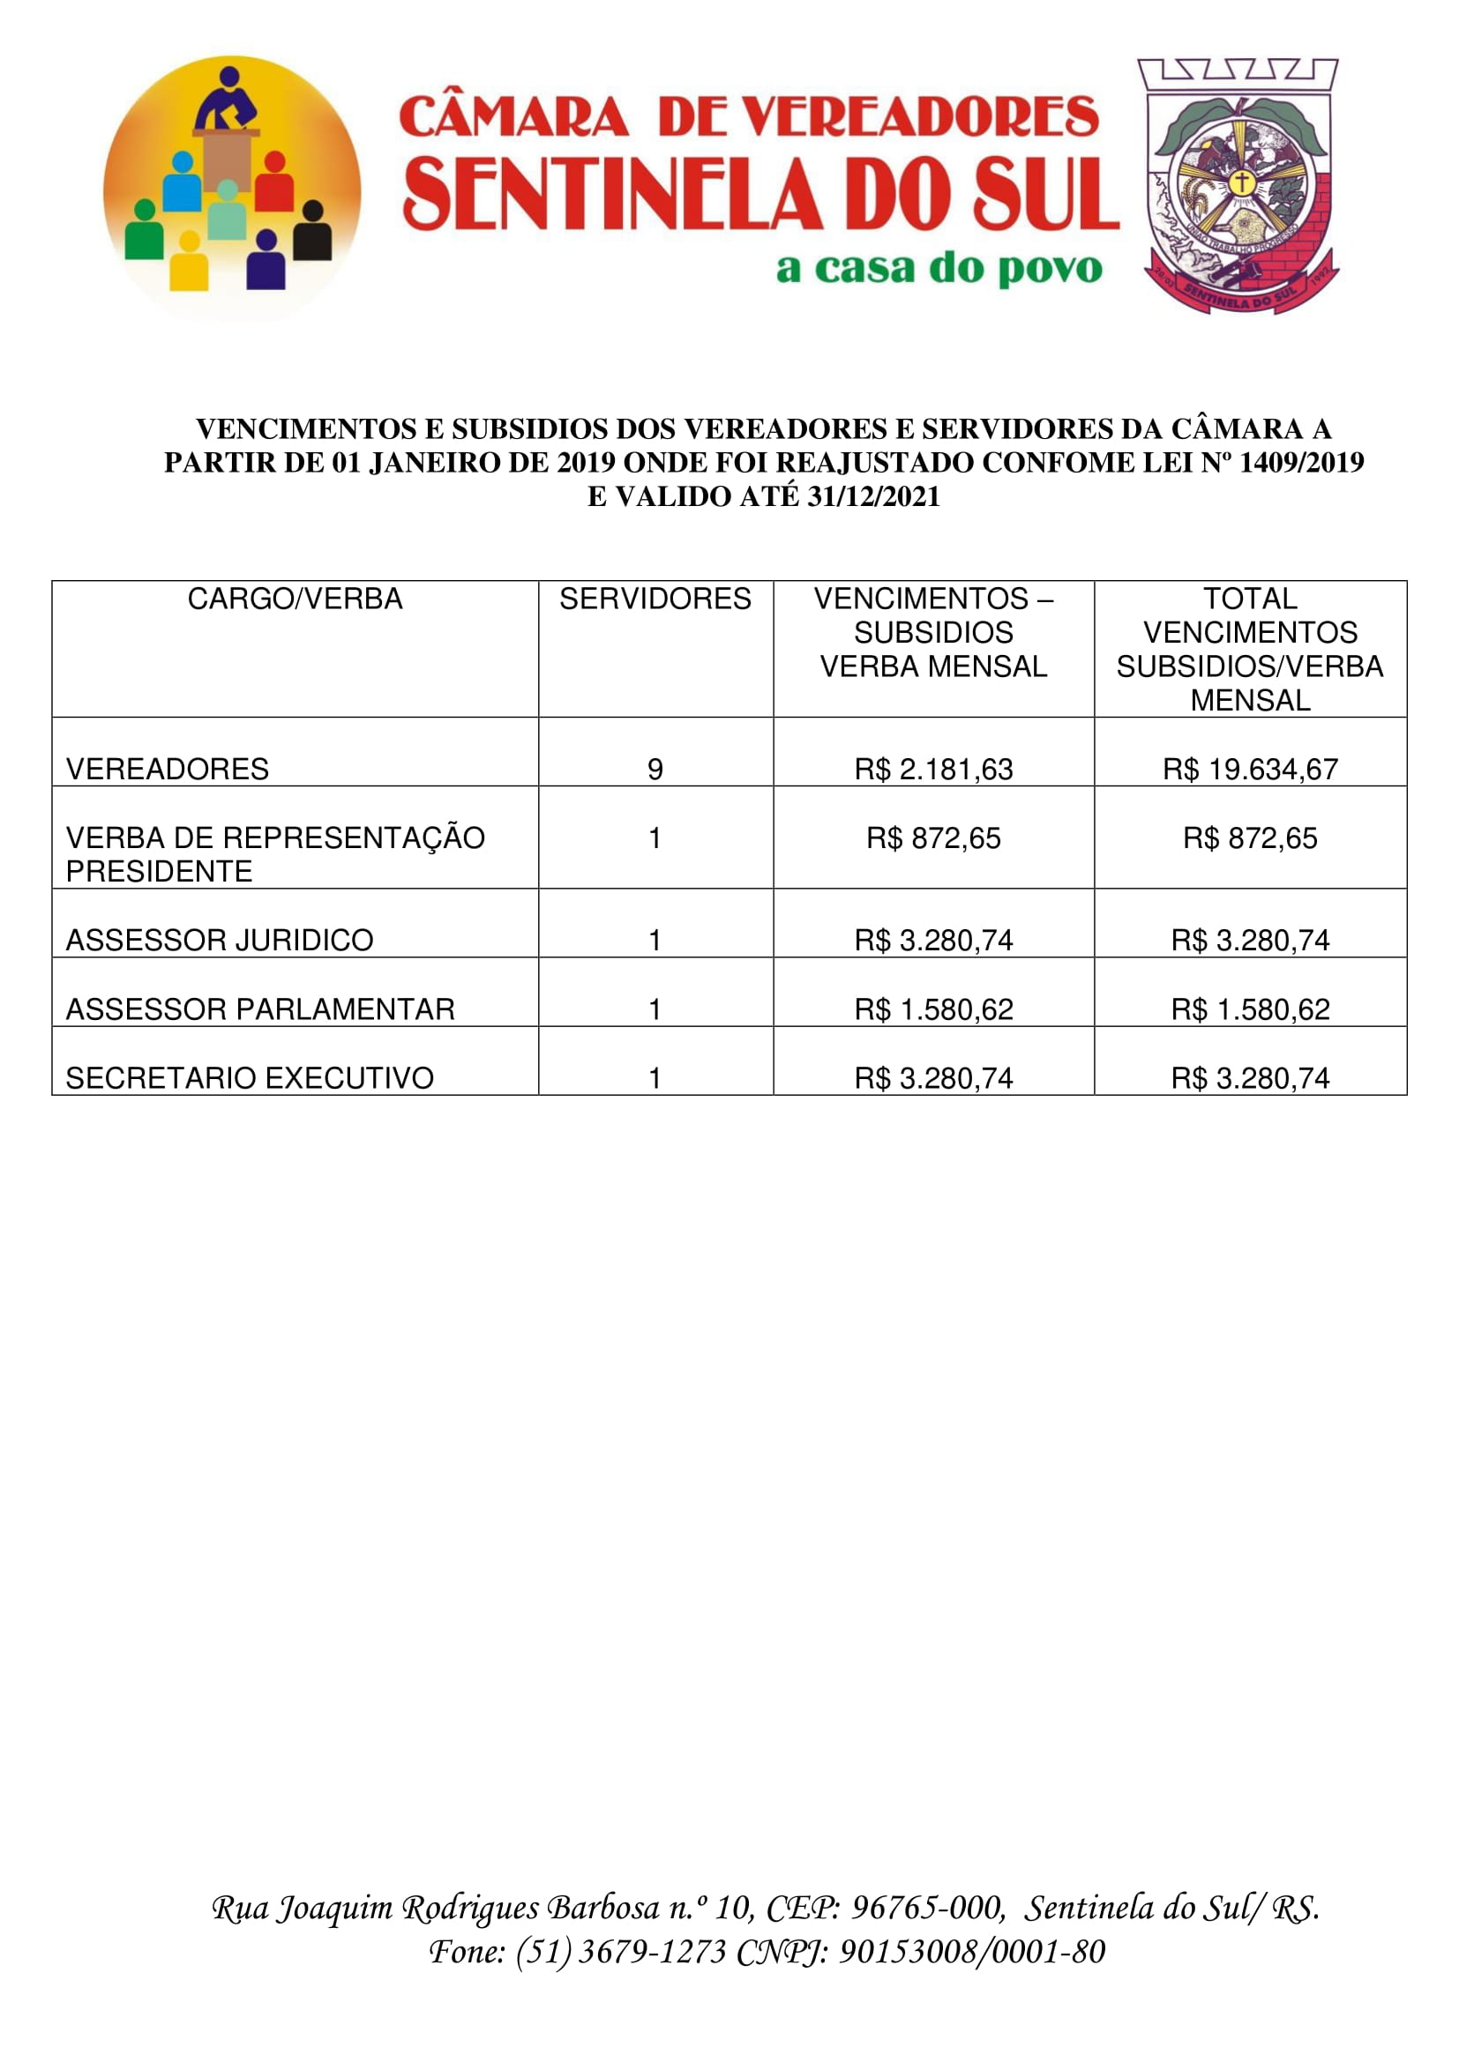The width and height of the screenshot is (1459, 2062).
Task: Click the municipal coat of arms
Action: coord(1239,186)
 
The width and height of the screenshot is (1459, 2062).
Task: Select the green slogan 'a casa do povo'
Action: coord(939,269)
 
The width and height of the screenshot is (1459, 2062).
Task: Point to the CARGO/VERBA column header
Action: coord(295,599)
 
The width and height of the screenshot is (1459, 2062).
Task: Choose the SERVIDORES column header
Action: coord(655,599)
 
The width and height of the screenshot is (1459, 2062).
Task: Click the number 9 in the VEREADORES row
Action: coord(655,769)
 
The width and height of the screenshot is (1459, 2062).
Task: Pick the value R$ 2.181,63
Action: coord(933,769)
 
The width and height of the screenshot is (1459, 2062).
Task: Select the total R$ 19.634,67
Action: coord(1250,769)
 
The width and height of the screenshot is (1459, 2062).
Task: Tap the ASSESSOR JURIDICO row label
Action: coord(220,941)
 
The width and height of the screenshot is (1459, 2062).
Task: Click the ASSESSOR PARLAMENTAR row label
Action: coord(260,1009)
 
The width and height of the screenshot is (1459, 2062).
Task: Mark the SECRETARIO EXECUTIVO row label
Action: coord(250,1077)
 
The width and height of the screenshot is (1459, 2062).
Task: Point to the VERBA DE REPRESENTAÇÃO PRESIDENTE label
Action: coord(275,854)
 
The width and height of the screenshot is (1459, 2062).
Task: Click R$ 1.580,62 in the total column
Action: coord(1250,1009)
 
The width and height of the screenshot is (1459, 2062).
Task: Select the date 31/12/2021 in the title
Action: coord(873,496)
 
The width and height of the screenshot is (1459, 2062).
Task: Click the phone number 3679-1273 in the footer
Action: coord(652,1952)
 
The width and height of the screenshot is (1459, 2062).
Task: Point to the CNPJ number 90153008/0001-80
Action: coord(971,1952)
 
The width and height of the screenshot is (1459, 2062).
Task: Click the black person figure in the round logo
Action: coord(312,231)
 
